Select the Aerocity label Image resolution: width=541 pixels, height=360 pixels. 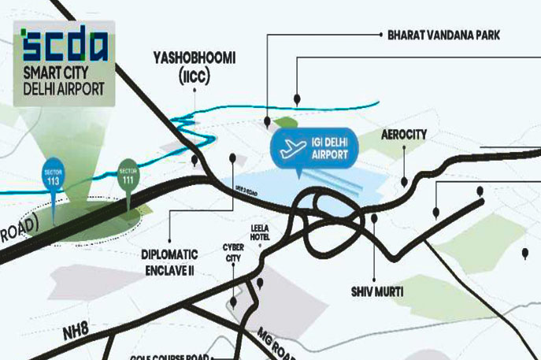[x=403, y=135]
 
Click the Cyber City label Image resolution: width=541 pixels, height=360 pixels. [x=233, y=251]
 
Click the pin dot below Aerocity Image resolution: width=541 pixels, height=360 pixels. [x=403, y=182]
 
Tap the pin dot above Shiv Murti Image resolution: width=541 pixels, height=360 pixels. [x=375, y=218]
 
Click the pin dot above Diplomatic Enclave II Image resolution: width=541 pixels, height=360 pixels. [x=232, y=158]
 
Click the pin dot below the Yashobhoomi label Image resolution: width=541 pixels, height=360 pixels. [x=194, y=160]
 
